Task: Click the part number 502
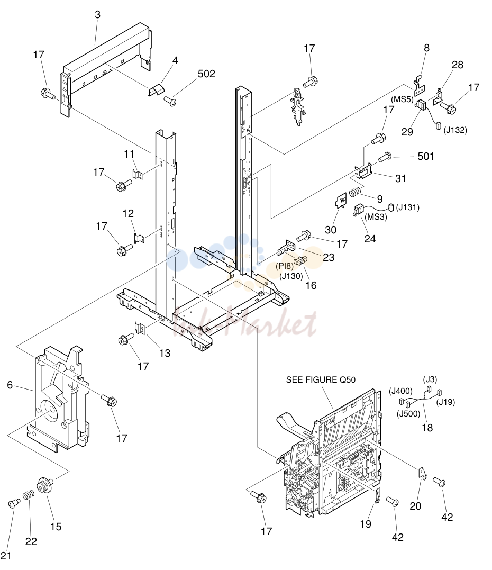206,74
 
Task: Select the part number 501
426,156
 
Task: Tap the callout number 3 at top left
97,14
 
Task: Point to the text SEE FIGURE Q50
321,380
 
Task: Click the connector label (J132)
455,130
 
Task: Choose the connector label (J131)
408,207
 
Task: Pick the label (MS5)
402,99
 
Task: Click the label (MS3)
376,217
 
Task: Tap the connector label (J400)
400,391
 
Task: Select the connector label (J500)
408,414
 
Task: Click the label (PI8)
285,266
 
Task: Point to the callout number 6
10,385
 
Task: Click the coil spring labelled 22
29,495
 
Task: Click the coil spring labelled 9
356,192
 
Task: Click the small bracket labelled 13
140,328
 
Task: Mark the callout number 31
400,178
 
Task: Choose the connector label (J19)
445,402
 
